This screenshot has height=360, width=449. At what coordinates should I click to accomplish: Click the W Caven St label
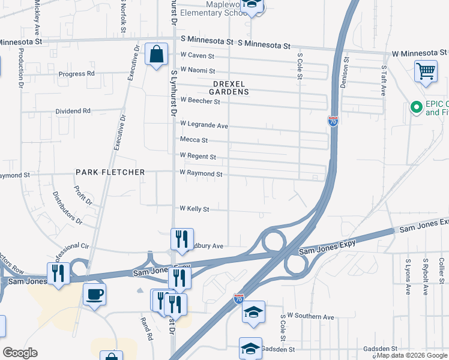tap(197, 56)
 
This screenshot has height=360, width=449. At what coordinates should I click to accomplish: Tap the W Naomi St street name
tap(198, 71)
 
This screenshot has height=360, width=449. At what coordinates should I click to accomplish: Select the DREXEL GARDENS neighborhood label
tap(229, 88)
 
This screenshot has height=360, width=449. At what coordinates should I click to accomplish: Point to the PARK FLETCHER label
tap(110, 172)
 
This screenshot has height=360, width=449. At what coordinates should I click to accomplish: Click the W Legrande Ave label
tap(204, 125)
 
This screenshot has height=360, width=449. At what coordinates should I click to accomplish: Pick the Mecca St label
tap(194, 140)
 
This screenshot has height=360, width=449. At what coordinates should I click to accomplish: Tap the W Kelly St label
tap(194, 209)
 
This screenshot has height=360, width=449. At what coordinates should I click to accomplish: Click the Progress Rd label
tap(77, 74)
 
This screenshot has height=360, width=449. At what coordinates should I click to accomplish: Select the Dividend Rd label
tap(73, 111)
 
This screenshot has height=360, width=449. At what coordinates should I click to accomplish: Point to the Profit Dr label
tap(83, 194)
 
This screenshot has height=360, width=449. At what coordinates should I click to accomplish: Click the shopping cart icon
tap(426, 72)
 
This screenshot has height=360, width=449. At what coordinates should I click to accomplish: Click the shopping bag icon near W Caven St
tap(156, 55)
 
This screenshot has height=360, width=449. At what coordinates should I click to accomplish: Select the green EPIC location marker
tap(414, 108)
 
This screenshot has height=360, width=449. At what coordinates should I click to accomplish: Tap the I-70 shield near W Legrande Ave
tap(333, 121)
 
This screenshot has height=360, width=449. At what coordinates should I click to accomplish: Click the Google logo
tap(19, 353)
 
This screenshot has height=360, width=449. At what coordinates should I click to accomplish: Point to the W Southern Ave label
tap(310, 316)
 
